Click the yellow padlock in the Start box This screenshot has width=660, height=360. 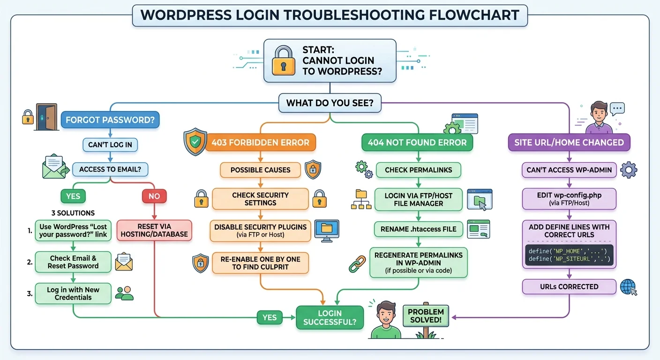pyautogui.click(x=284, y=60)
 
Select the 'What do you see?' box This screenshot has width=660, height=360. pyautogui.click(x=330, y=103)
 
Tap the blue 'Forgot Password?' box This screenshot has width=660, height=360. pyautogui.click(x=110, y=120)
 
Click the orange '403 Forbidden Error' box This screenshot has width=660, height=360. pyautogui.click(x=260, y=142)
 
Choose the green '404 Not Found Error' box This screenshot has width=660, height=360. pyautogui.click(x=417, y=142)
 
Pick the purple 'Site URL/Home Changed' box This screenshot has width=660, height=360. pyautogui.click(x=569, y=142)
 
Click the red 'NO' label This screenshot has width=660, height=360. pyautogui.click(x=154, y=196)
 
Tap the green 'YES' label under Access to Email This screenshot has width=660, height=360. pyautogui.click(x=73, y=196)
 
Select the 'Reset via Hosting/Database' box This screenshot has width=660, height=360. pyautogui.click(x=154, y=230)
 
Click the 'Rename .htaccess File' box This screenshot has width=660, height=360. pyautogui.click(x=419, y=229)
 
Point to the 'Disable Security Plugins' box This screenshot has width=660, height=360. pyautogui.click(x=260, y=230)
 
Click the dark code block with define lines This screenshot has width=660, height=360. pyautogui.click(x=569, y=255)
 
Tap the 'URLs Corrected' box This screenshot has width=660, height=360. pyautogui.click(x=569, y=286)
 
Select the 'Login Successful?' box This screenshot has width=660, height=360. pyautogui.click(x=330, y=318)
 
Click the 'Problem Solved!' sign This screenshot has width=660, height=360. pyautogui.click(x=426, y=316)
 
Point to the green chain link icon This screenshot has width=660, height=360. pyautogui.click(x=357, y=263)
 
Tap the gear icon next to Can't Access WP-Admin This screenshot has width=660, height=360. pyautogui.click(x=629, y=170)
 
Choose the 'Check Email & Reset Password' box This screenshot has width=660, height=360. pyautogui.click(x=73, y=262)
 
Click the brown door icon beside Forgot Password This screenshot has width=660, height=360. pyautogui.click(x=46, y=117)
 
